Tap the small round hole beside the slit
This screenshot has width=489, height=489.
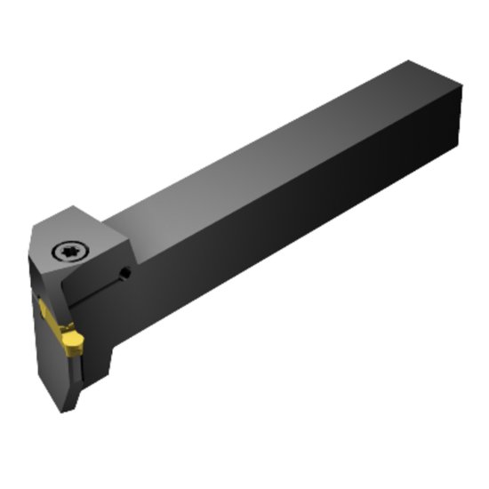pos(125,274)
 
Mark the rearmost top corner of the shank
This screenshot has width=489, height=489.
pos(410,61)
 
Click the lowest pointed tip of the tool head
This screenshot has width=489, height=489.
pos(62,411)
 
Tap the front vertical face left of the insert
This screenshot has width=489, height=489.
pos(42,365)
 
